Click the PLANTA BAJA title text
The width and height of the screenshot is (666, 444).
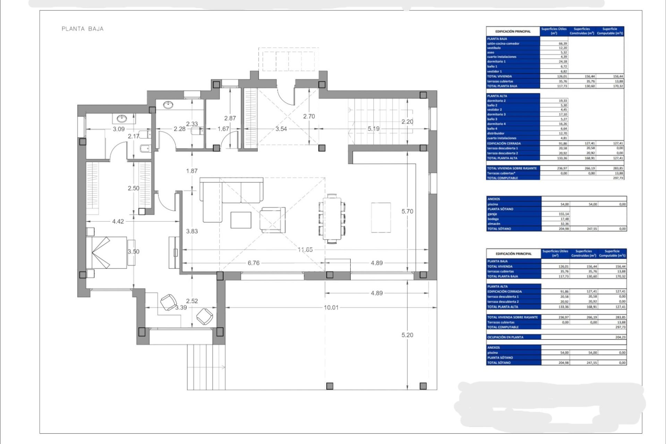pyautogui.click(x=83, y=29)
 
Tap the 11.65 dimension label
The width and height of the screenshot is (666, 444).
pyautogui.click(x=305, y=249)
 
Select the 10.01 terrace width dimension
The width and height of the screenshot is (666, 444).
pyautogui.click(x=331, y=307)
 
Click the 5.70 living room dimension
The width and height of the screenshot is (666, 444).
pyautogui.click(x=407, y=211)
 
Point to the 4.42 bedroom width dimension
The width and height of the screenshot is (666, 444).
pyautogui.click(x=118, y=221)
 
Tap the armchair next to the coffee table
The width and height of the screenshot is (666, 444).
pyautogui.click(x=273, y=220)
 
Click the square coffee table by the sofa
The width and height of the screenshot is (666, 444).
pyautogui.click(x=241, y=220)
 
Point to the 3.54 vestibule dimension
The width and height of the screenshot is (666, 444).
pyautogui.click(x=281, y=129)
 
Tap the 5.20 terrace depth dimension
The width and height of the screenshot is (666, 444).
pyautogui.click(x=407, y=335)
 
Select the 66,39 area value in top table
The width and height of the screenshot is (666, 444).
pyautogui.click(x=562, y=44)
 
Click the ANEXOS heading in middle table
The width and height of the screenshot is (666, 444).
pyautogui.click(x=494, y=199)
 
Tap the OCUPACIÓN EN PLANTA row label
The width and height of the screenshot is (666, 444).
pyautogui.click(x=505, y=337)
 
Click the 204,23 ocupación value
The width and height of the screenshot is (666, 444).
pyautogui.click(x=620, y=337)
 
